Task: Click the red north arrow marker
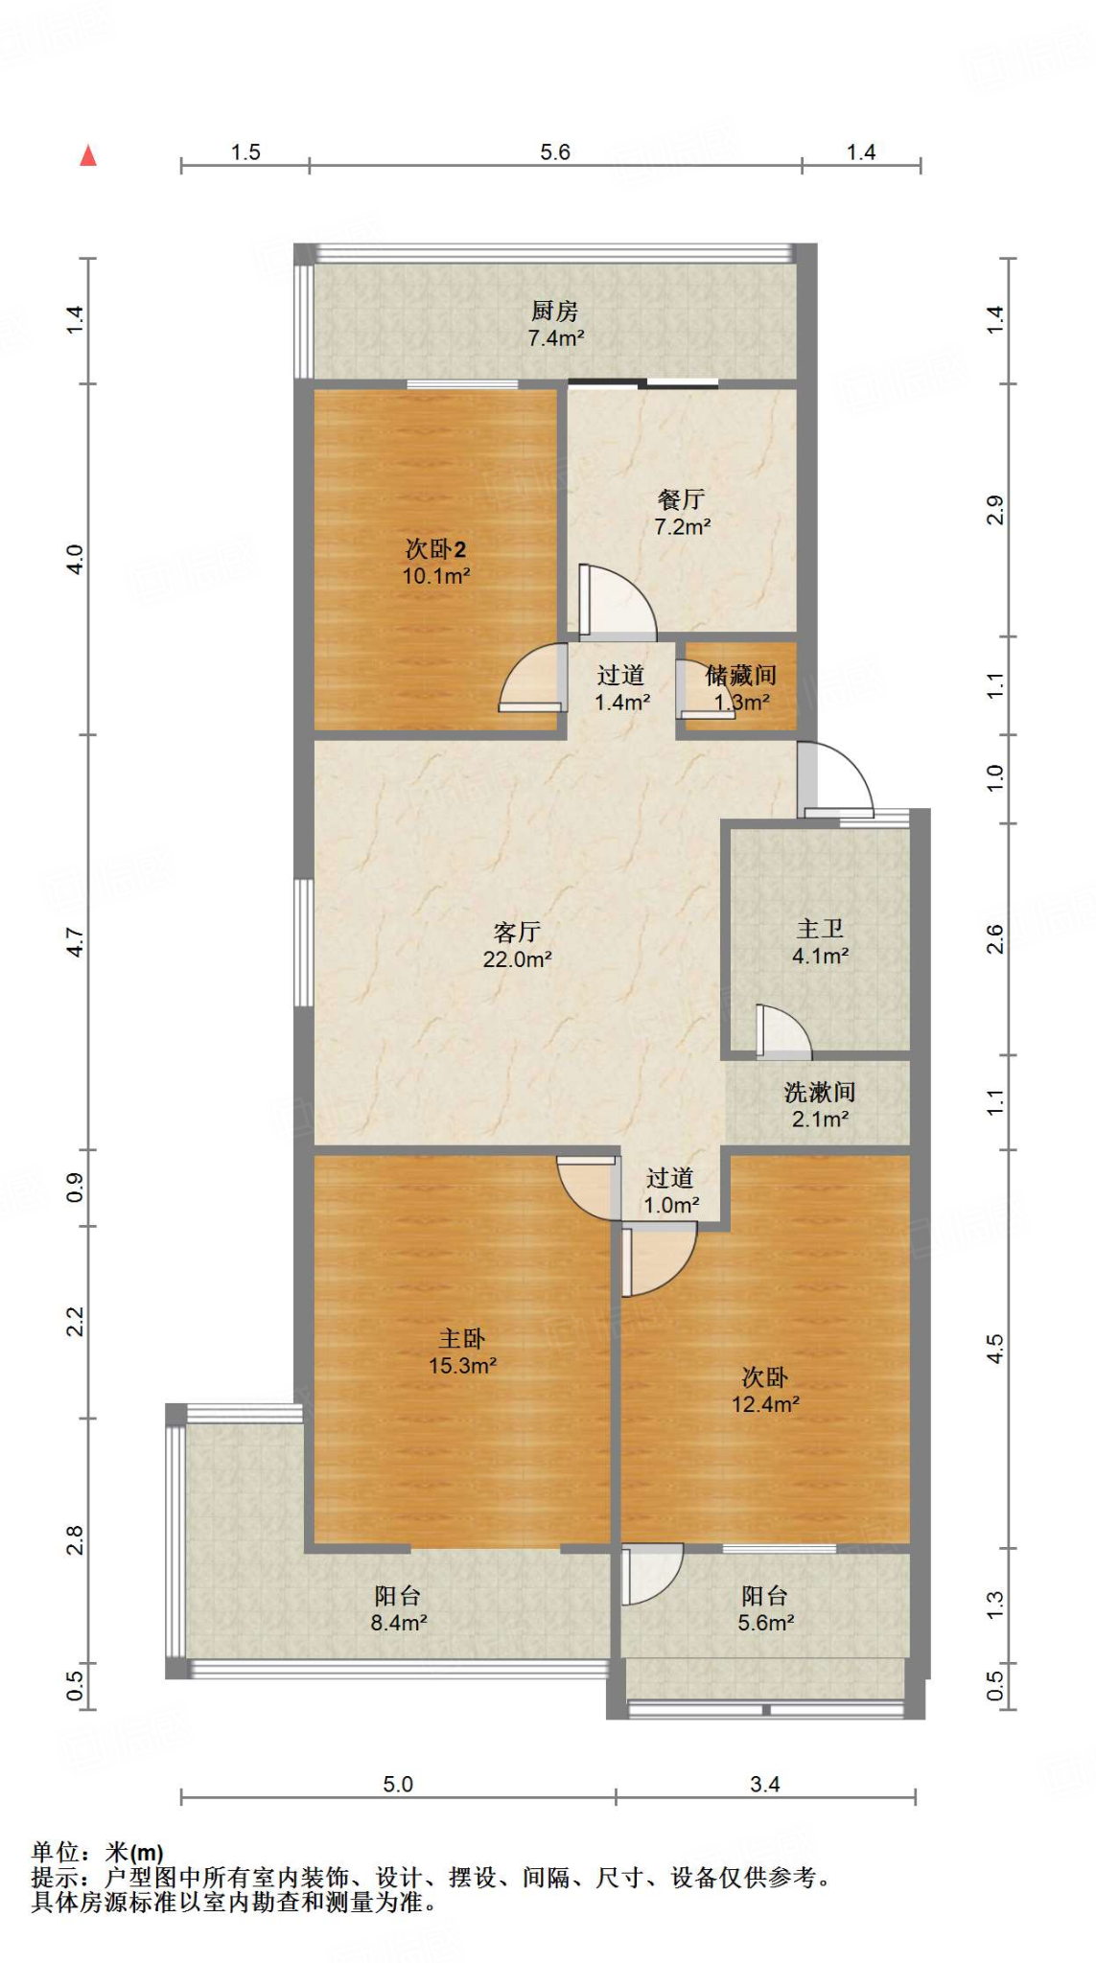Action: [x=88, y=155]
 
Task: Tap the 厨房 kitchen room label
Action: [x=555, y=312]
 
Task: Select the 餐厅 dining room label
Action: [x=682, y=499]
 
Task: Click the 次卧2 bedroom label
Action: [x=435, y=549]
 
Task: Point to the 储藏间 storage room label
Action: [x=741, y=676]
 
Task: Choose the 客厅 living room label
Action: [x=517, y=932]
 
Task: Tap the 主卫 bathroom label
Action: [x=820, y=928]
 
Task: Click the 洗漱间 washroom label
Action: [x=820, y=1092]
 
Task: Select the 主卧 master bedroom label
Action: [x=462, y=1338]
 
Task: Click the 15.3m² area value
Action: [x=462, y=1366]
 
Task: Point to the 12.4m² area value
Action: [x=765, y=1404]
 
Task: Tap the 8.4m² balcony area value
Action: [x=398, y=1623]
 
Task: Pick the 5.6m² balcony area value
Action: [x=765, y=1623]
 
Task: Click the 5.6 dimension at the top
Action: [x=555, y=152]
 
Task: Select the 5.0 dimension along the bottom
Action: [x=398, y=1784]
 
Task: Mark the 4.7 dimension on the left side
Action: [x=76, y=942]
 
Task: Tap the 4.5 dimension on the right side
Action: [x=995, y=1349]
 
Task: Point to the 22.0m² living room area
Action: [x=517, y=959]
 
